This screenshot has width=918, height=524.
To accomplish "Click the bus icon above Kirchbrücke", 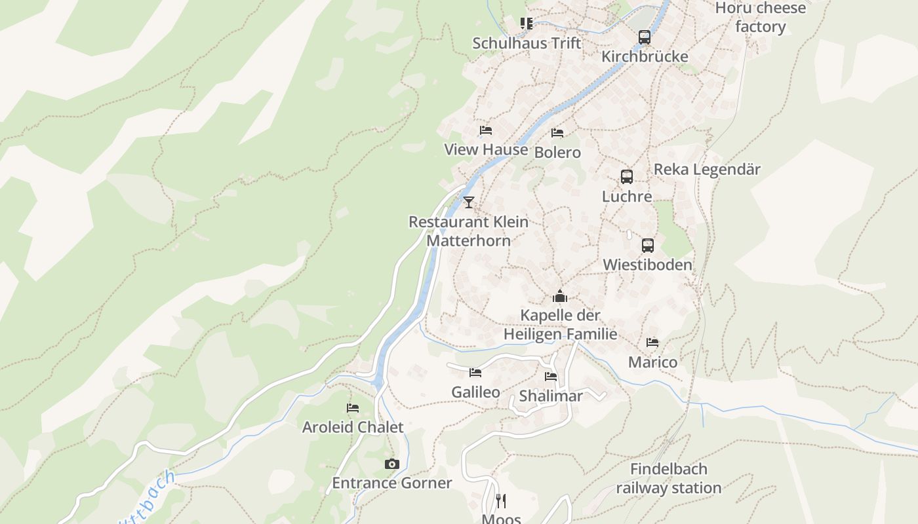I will coord(645,37).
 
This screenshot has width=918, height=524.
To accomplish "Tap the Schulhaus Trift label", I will coord(527,43).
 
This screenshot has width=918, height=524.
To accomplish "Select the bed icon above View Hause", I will coord(486,130).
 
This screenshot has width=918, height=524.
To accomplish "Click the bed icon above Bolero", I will coord(557,133).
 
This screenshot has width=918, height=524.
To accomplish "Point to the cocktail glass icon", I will coord(468,202).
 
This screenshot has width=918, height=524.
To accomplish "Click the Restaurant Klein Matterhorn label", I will coord(468,231).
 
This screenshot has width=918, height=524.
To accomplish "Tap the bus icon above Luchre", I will coord(627,177).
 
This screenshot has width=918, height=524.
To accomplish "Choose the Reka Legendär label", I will coord(707,170).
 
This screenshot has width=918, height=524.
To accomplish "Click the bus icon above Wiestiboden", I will coord(648,246).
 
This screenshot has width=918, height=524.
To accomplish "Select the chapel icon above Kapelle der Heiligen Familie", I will coord(560,297).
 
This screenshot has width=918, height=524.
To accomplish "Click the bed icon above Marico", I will coord(652,343).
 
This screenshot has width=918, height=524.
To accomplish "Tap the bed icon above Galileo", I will coord(475,373).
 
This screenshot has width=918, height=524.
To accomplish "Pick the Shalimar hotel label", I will coord(551,396).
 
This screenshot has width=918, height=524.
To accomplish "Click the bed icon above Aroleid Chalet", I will coord(353,408).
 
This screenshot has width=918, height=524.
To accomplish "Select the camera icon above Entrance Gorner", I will coord(391,464).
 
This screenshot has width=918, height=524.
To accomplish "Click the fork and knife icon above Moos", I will coord(501,501).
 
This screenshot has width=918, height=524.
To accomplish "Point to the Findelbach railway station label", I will coord(669,479).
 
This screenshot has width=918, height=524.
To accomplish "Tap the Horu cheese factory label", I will coord(761,18).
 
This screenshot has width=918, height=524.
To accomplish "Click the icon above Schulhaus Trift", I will coord(527,24).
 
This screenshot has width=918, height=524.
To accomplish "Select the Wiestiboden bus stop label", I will coord(647,265).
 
